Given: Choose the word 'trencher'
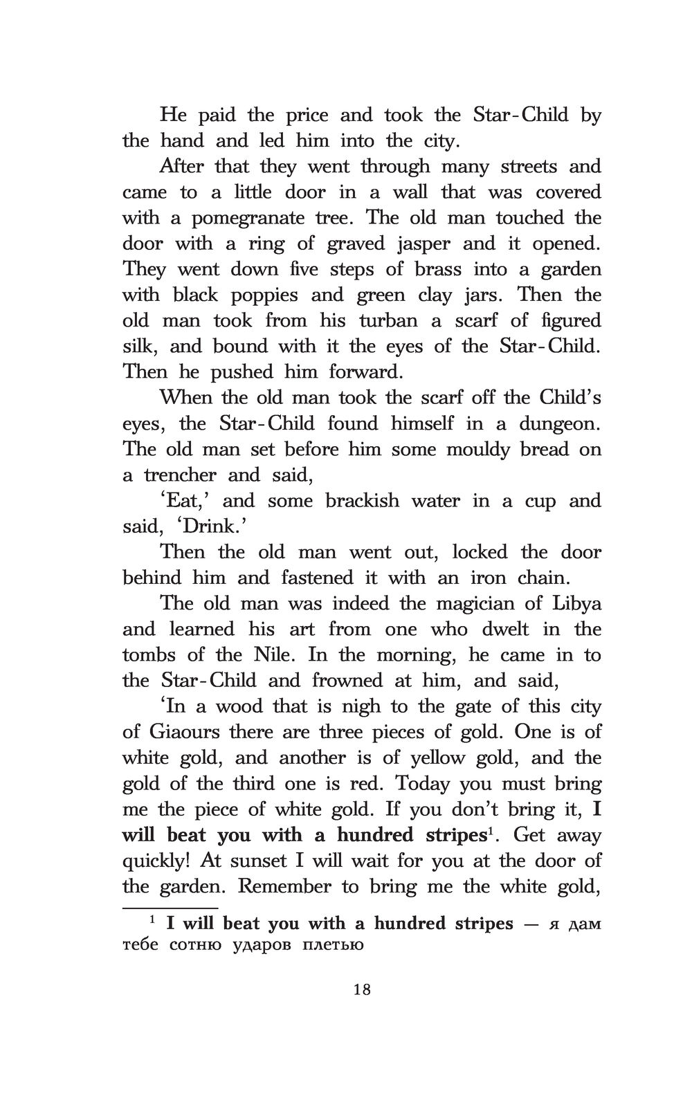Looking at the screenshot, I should [180, 475].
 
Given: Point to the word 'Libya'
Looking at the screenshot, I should [576, 603].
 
